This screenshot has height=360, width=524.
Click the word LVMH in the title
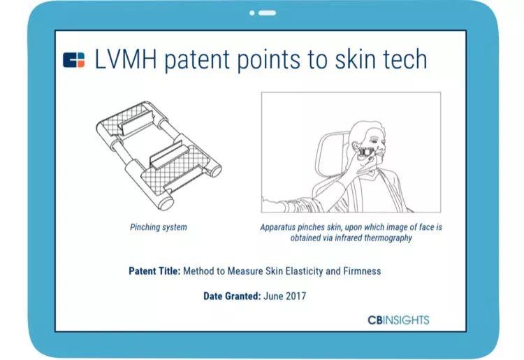(x=126, y=59)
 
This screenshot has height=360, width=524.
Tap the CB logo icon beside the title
(x=74, y=60)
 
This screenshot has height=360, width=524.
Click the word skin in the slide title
(x=356, y=59)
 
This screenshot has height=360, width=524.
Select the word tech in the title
(x=405, y=59)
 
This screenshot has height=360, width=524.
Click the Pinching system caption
(x=159, y=227)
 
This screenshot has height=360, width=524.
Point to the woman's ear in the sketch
(x=356, y=147)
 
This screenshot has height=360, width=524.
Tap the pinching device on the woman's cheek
(x=367, y=152)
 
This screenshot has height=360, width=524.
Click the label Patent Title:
(x=154, y=271)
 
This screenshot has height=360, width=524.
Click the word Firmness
(x=362, y=271)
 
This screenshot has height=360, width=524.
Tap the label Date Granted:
(x=232, y=296)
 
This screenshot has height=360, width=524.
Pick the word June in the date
(x=273, y=296)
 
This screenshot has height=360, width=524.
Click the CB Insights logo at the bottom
(x=398, y=320)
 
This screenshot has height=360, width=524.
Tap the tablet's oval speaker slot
(x=267, y=13)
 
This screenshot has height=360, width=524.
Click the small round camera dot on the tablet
(x=252, y=13)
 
